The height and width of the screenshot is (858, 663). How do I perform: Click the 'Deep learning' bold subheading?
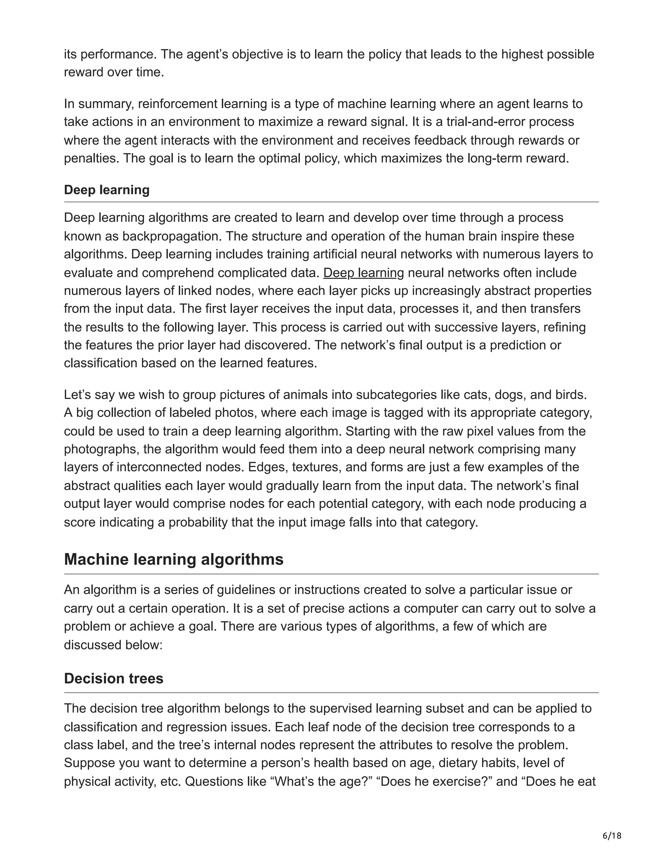point(107,190)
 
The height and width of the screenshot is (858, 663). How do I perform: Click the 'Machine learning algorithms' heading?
point(173,559)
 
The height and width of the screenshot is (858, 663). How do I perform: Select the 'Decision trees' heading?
point(114,678)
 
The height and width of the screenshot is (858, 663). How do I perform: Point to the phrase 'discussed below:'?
point(113,645)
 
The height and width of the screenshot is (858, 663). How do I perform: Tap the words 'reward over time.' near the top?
point(114,72)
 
